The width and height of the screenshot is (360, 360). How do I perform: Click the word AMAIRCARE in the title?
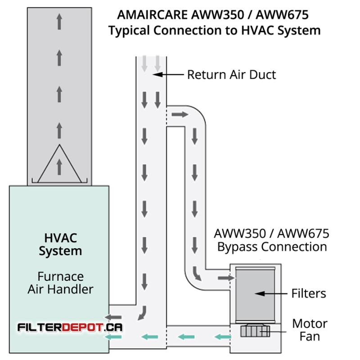tap(153, 15)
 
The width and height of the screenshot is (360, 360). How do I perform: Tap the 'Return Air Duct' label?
tap(232, 75)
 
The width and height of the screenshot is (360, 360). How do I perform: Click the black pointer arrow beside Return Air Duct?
tap(168, 75)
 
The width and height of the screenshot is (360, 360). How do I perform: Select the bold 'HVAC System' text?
tap(60, 244)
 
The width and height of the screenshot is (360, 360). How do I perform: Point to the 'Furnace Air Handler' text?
tap(60, 283)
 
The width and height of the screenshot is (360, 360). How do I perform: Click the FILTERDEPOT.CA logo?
tap(70, 327)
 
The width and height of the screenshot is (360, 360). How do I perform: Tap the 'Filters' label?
tap(309, 293)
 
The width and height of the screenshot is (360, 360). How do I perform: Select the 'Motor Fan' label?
tap(310, 330)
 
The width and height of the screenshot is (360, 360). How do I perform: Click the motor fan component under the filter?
tap(255, 331)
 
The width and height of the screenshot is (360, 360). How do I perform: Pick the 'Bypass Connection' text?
tap(272, 247)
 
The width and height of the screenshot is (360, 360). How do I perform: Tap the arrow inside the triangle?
tap(59, 167)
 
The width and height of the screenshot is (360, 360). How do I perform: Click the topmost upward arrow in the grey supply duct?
tap(59, 22)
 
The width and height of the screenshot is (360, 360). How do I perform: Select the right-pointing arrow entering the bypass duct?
tap(180, 114)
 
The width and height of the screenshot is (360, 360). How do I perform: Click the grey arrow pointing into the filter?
tap(226, 278)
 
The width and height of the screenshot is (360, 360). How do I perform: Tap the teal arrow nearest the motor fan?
tap(222, 337)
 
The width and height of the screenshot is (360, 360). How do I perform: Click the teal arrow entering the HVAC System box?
tap(113, 337)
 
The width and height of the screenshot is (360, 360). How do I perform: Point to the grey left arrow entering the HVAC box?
tap(113, 318)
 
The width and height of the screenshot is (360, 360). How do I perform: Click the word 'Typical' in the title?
tap(129, 31)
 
